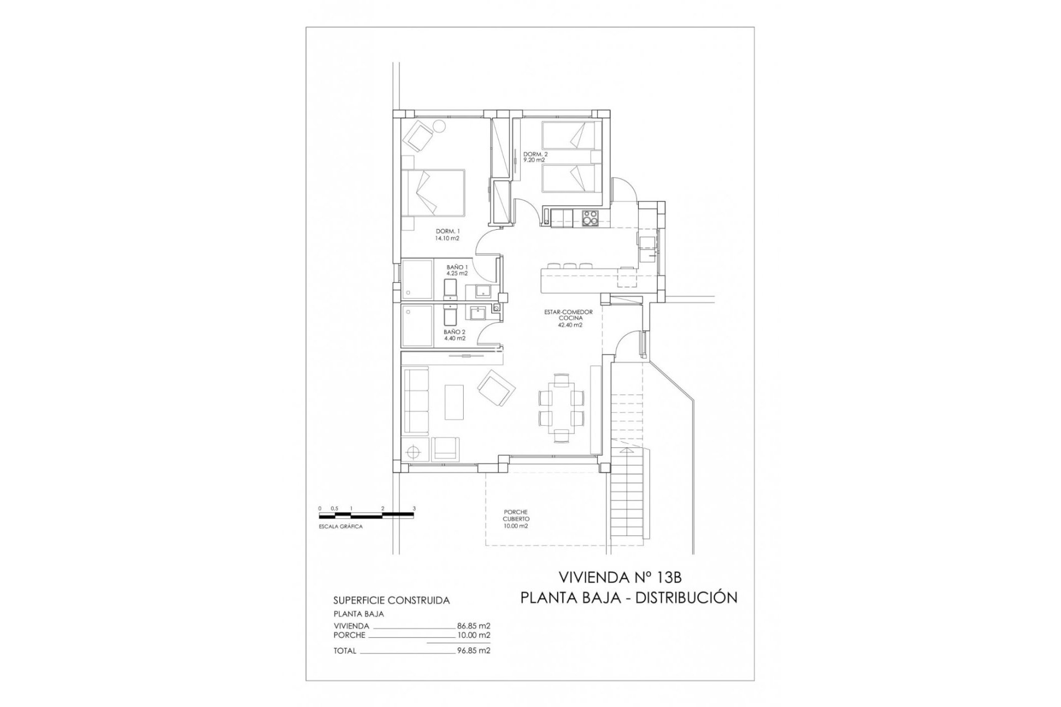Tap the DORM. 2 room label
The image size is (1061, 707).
535,157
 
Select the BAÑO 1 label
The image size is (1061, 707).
457,270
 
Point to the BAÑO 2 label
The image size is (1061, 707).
454,335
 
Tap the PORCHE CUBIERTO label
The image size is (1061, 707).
516,519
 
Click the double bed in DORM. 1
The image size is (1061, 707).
433,193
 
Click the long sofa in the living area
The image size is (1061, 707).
416,400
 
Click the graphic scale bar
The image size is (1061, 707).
366,515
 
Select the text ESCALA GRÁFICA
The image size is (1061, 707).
340,527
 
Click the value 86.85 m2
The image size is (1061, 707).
474,626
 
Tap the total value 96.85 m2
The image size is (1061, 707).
474,651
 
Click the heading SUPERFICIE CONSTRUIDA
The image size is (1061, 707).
391,600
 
